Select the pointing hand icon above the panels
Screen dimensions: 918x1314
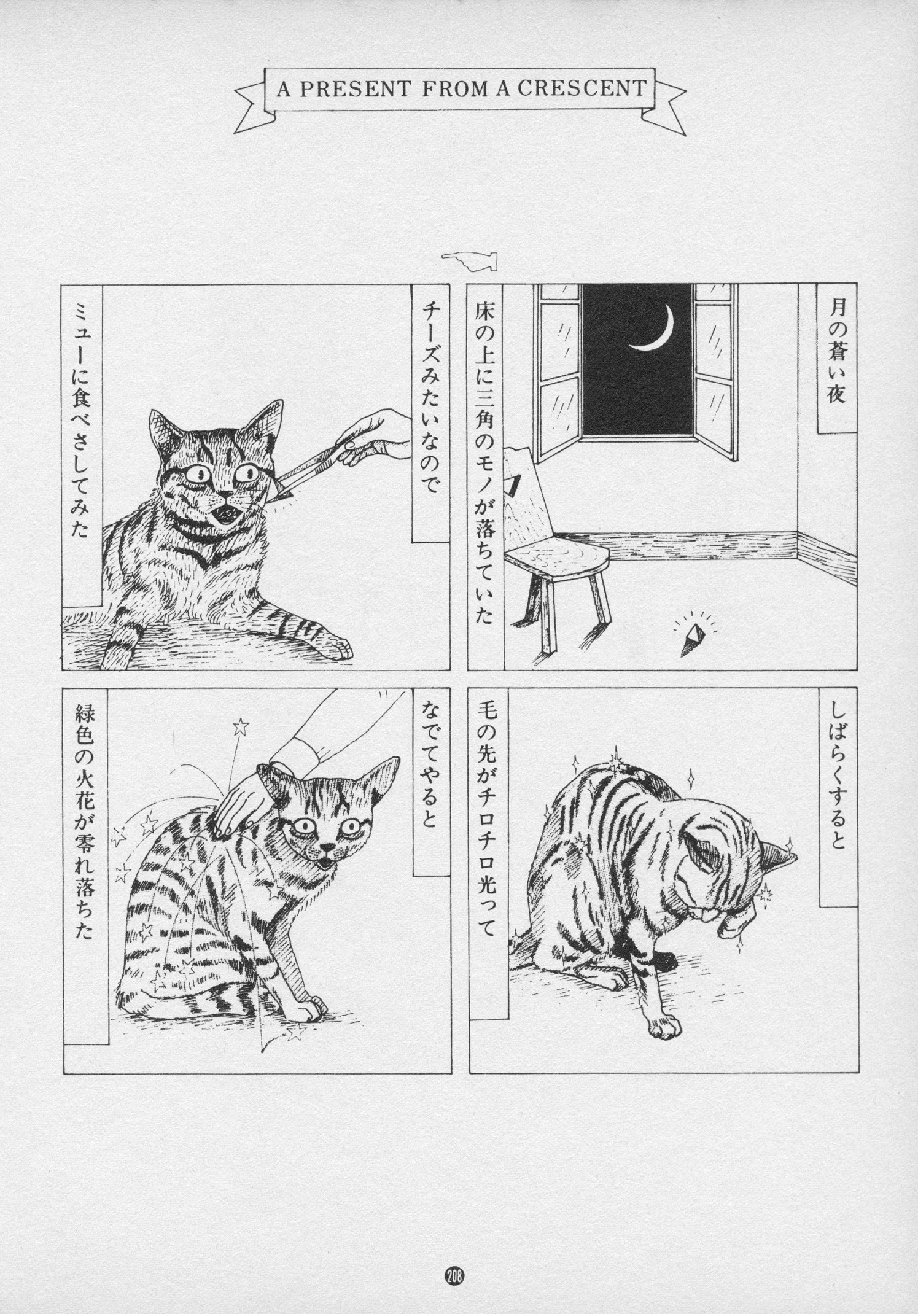(x=469, y=260)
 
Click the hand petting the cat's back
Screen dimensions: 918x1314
(x=236, y=798)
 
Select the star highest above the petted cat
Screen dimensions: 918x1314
(x=241, y=727)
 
